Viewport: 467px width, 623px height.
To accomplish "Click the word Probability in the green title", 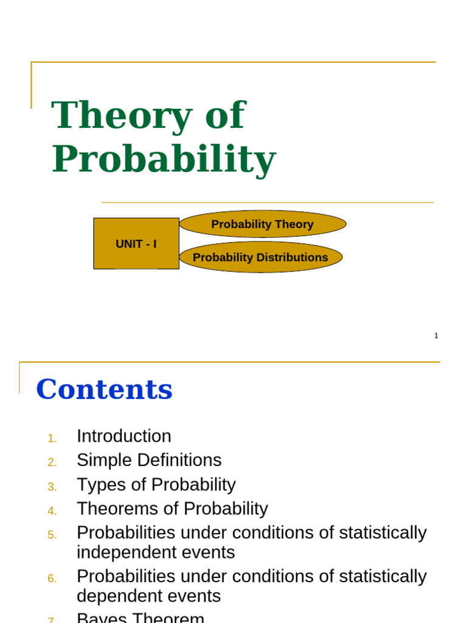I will point(164,159).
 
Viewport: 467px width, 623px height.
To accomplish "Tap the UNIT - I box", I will point(136,244).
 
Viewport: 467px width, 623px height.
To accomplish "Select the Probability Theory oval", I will point(262,224).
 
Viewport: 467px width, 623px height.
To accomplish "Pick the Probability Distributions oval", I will point(260,257).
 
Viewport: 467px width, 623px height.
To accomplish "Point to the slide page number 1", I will point(436,335).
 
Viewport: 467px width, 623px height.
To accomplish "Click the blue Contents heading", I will point(105,389).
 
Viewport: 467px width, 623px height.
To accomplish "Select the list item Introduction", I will point(124,436).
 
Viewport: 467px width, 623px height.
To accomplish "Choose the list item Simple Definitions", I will point(149,460).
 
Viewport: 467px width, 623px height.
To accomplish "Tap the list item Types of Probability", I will point(156,484).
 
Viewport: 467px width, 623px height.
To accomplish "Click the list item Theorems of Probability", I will point(172,509).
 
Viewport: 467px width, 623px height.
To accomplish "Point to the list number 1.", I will point(52,438).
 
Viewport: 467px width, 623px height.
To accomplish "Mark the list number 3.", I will point(52,487).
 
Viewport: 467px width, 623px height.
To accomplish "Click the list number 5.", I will point(52,535).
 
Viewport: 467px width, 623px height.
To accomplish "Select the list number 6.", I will point(52,579).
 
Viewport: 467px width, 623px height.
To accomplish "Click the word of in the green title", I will point(224,116).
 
